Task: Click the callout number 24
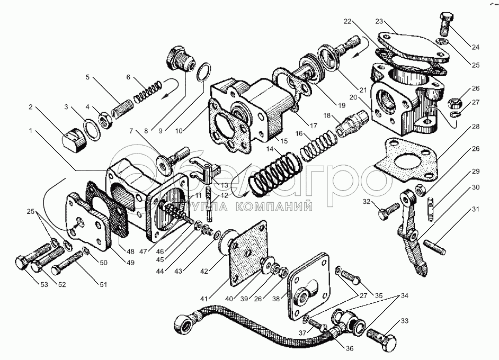coord(475,47)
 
